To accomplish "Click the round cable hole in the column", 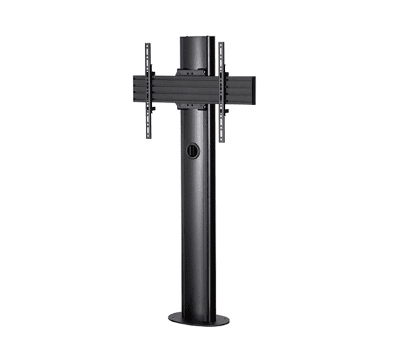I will coord(191,151).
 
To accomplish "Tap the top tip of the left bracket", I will coord(148,44).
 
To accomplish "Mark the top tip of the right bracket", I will coord(221,44).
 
